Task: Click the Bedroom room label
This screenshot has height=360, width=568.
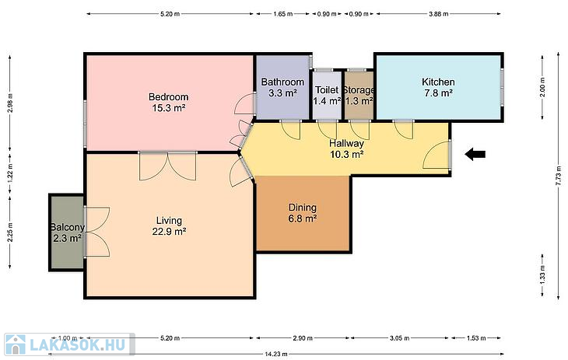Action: click(168, 97)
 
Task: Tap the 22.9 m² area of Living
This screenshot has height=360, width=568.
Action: click(169, 232)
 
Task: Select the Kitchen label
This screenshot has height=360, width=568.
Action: click(438, 82)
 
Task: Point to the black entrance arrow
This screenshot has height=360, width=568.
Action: click(475, 154)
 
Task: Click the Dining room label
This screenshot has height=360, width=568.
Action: click(303, 208)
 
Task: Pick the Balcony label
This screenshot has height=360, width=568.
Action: click(68, 228)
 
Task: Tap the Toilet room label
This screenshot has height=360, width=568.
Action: click(327, 90)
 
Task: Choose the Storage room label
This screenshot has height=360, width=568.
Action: click(359, 90)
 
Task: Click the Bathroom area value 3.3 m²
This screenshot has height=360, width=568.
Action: click(282, 93)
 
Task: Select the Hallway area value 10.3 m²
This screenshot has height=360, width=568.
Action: click(347, 155)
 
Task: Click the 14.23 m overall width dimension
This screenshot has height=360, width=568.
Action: click(276, 354)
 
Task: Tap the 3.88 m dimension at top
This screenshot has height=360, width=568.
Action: click(439, 14)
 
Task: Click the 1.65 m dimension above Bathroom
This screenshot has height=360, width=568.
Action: click(283, 14)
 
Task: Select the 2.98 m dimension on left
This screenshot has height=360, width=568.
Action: click(10, 103)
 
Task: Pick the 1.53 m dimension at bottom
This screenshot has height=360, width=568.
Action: click(476, 338)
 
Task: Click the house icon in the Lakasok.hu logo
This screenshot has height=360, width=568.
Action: click(16, 344)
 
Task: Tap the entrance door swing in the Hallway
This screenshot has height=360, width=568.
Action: click(437, 155)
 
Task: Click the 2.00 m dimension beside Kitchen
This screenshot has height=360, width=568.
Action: click(542, 88)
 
